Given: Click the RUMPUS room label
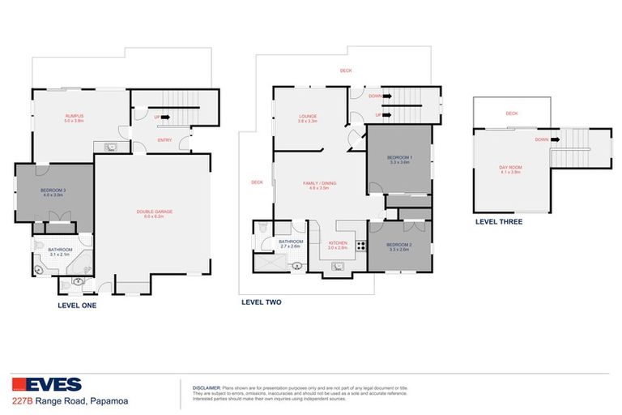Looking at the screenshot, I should point(75,117).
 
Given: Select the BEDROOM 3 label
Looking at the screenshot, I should point(52,191).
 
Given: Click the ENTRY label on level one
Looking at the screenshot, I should point(164,140).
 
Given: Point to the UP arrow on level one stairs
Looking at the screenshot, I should point(166,118).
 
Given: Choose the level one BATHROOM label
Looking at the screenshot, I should point(60,250).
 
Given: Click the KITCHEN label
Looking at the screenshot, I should point(338,242).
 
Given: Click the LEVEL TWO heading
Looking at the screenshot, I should point(262,302).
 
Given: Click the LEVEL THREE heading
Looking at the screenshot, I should point(499,221).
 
